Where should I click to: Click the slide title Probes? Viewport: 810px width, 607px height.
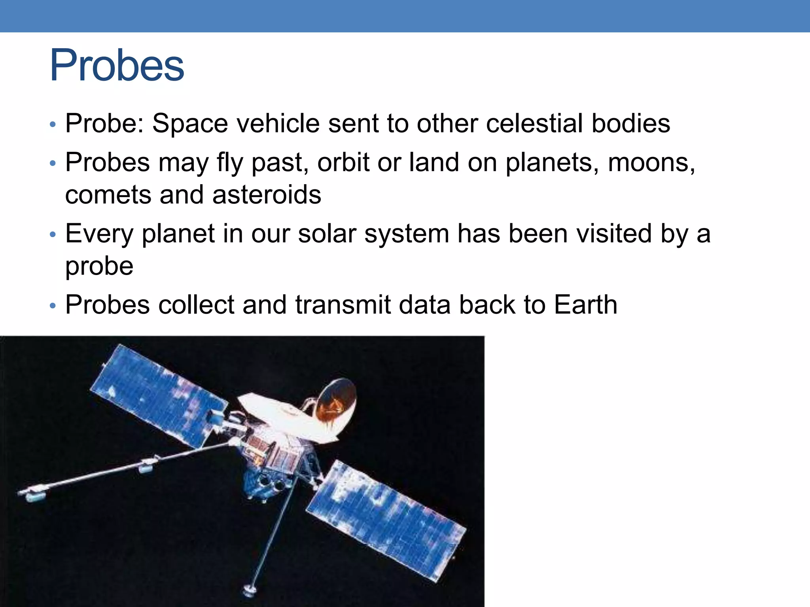(x=117, y=66)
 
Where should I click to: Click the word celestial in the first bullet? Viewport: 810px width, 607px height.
(x=534, y=123)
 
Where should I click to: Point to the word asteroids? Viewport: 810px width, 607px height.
(x=267, y=195)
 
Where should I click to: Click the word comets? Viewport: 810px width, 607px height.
(x=108, y=195)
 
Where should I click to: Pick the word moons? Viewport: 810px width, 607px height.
(x=651, y=162)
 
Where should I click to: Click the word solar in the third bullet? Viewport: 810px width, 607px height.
(x=327, y=234)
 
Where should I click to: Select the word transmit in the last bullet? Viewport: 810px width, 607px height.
(x=343, y=305)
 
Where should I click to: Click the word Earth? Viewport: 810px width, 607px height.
(x=585, y=305)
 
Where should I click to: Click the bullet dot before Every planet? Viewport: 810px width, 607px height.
(x=53, y=235)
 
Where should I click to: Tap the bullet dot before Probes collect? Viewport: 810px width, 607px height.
(x=53, y=306)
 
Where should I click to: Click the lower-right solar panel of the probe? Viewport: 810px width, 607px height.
(x=386, y=520)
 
